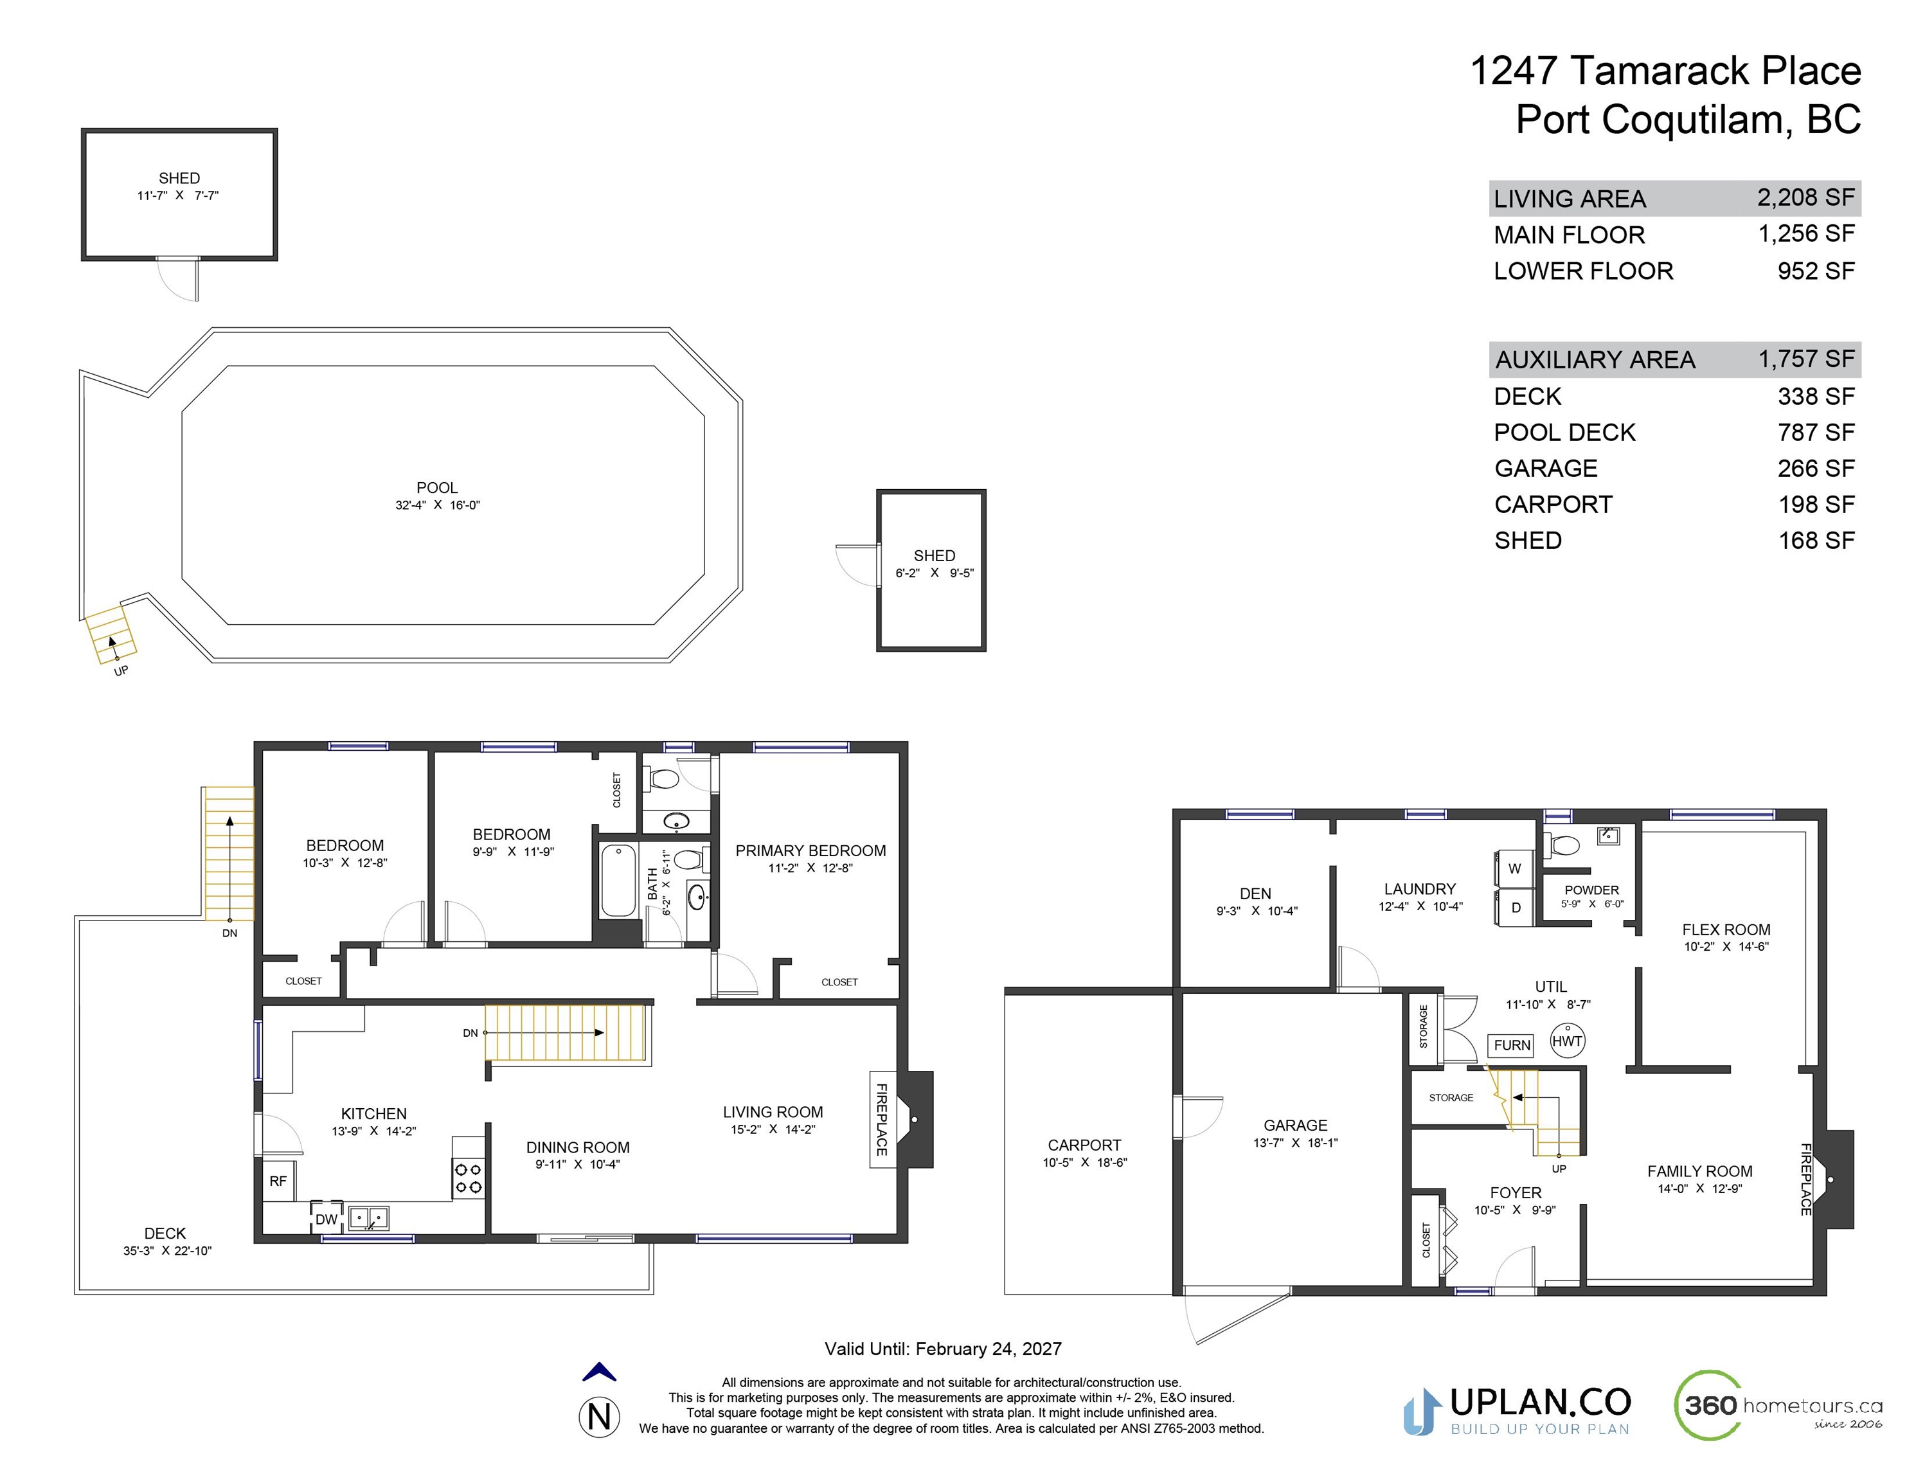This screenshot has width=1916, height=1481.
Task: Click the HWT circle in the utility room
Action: [1567, 1041]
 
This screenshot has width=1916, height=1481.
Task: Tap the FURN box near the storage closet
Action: [1512, 1045]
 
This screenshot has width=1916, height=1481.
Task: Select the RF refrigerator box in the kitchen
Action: [279, 1181]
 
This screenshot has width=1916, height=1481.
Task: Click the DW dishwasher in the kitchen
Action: [327, 1219]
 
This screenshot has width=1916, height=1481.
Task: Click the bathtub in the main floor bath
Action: [618, 880]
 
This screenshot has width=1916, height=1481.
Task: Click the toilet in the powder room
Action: [1562, 845]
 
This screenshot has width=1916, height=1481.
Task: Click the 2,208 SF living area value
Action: [1805, 197]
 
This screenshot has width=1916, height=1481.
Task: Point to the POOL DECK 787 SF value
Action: [1816, 433]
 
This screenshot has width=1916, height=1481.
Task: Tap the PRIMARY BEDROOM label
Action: [810, 850]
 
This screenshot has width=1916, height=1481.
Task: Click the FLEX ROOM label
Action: [1726, 929]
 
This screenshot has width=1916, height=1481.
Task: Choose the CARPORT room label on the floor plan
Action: [1084, 1145]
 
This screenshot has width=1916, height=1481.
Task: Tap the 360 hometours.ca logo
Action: [1779, 1406]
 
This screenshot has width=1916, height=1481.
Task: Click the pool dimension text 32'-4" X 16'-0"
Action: [438, 505]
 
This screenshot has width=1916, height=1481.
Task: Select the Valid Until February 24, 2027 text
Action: [943, 1349]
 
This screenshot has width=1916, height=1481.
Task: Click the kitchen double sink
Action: [368, 1218]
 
